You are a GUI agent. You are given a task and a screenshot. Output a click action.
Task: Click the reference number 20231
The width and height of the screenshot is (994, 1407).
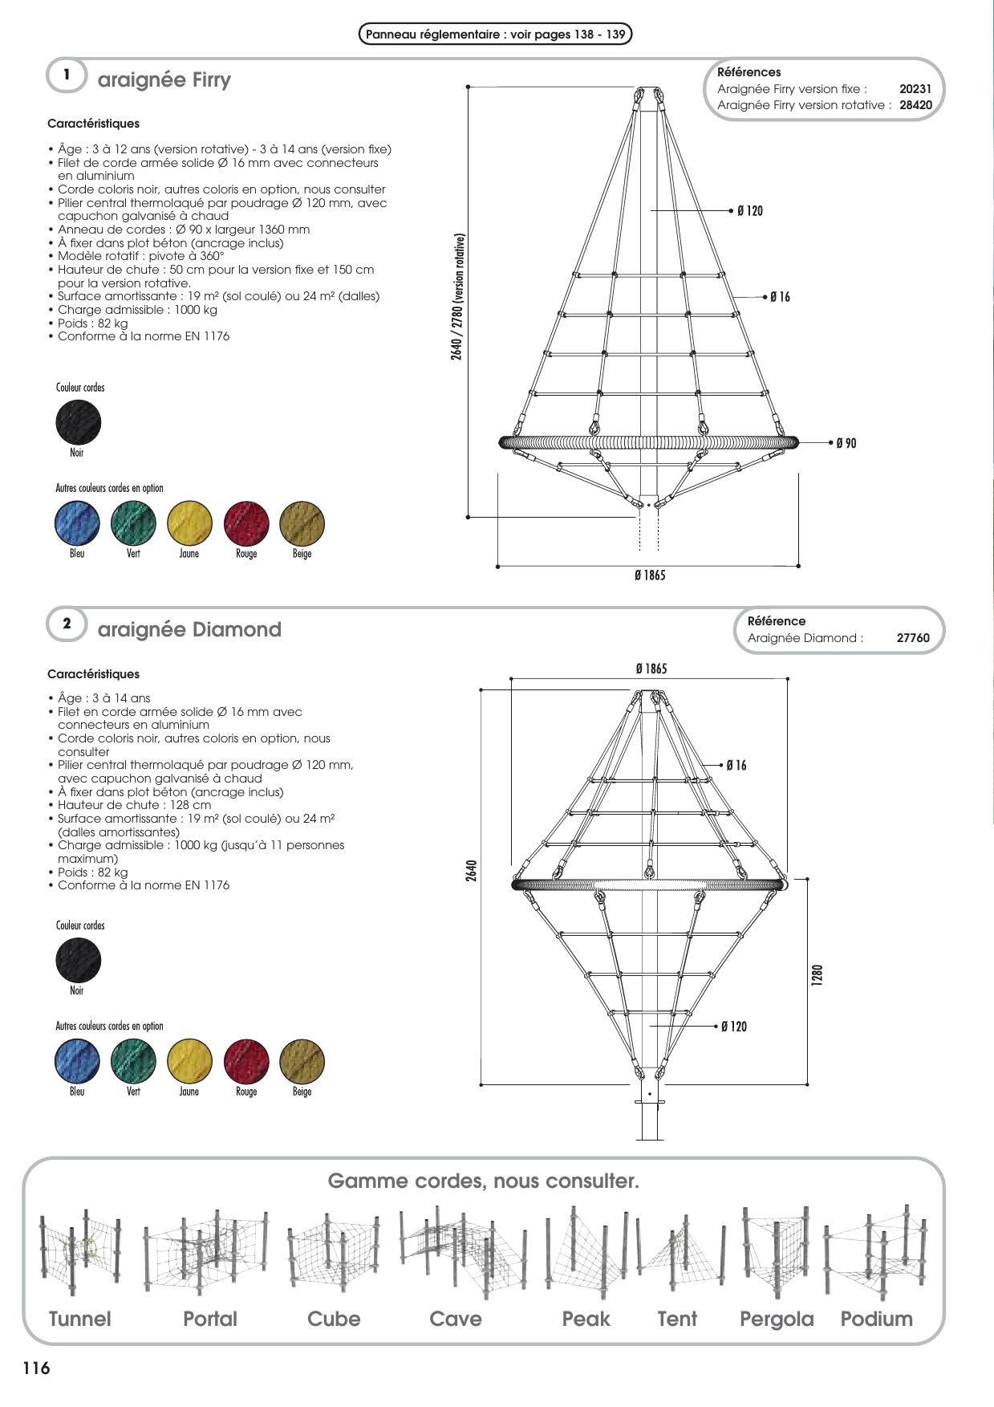tap(915, 89)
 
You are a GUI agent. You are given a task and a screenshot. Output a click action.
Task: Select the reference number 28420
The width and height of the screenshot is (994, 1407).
tap(915, 105)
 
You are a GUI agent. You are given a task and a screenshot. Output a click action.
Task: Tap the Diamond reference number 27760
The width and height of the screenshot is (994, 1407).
tap(913, 638)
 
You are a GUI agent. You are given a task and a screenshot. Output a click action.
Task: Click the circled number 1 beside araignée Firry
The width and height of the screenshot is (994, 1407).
tap(67, 75)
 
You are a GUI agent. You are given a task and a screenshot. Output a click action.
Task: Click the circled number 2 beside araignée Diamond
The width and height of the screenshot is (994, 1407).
tap(67, 623)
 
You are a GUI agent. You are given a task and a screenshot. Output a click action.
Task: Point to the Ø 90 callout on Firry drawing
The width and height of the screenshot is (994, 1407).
tap(846, 443)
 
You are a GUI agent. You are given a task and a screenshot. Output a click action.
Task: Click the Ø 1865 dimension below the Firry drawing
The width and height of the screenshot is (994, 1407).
tap(649, 575)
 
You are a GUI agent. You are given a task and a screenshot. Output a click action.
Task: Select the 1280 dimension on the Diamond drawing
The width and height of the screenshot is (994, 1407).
tap(817, 976)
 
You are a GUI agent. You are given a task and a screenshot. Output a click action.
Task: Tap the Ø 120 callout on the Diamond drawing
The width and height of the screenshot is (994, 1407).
tap(733, 1027)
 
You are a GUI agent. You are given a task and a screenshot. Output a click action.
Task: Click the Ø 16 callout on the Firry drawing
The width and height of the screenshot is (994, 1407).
tap(780, 297)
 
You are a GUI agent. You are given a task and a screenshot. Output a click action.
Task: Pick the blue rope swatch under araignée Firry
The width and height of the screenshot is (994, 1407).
tap(78, 523)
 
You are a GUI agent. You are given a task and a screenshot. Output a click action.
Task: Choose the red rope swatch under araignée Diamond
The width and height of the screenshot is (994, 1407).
tap(246, 1061)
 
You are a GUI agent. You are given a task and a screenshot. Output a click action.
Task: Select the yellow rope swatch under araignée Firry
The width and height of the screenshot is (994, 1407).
tap(190, 523)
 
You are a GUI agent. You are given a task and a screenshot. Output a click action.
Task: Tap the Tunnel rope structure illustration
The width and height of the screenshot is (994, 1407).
tap(79, 1253)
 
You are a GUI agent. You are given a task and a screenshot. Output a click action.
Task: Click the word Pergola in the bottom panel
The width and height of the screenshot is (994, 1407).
tap(776, 1320)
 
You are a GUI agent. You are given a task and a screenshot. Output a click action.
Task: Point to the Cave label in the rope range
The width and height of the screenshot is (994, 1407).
tap(455, 1320)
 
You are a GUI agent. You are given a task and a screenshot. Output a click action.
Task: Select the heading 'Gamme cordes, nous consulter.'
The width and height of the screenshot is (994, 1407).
tap(483, 1181)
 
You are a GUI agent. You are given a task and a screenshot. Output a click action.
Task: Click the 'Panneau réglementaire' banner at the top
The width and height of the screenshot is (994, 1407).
tap(495, 35)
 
